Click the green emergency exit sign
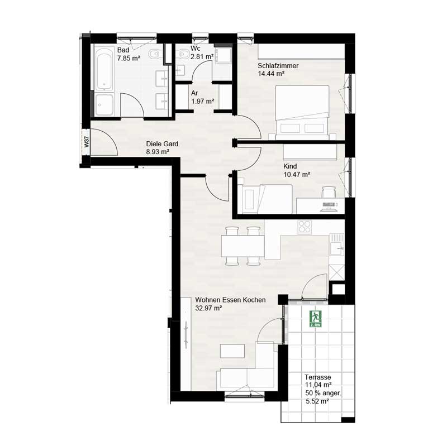tap(315, 318)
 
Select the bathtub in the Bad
tap(104, 70)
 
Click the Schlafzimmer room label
tap(278, 65)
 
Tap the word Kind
tap(289, 166)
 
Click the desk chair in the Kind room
tap(328, 193)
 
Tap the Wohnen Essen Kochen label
tap(230, 300)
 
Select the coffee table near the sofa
tap(233, 351)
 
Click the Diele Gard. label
tap(163, 143)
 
